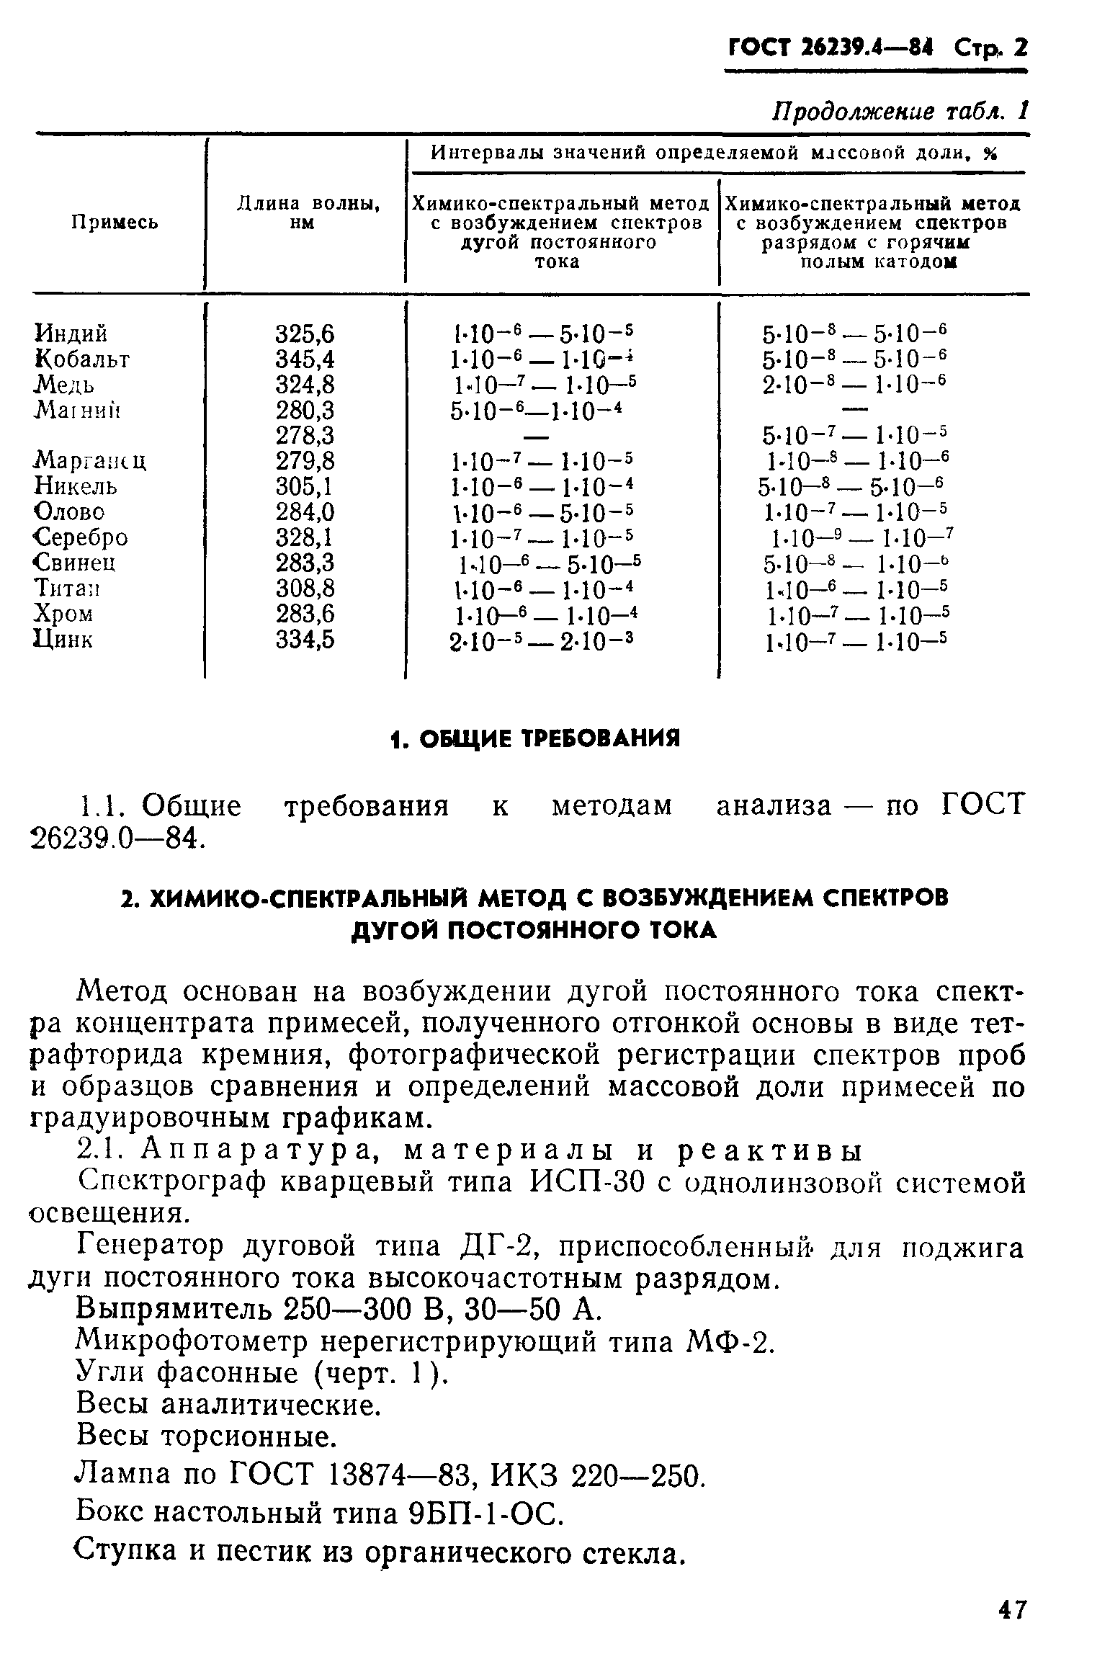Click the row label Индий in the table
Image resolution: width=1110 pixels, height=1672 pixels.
coord(72,334)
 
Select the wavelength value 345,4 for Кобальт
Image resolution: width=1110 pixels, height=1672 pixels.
coord(305,359)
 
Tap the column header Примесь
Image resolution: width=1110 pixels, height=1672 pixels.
coord(115,223)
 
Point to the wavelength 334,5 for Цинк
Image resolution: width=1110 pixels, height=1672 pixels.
coord(305,640)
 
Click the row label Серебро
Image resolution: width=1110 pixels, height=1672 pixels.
coord(81,537)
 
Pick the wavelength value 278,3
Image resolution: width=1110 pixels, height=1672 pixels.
coord(305,436)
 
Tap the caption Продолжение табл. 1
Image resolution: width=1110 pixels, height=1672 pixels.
coord(900,111)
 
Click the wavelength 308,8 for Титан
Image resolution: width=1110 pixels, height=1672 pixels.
coord(305,589)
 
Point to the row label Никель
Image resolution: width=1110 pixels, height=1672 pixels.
coord(76,487)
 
